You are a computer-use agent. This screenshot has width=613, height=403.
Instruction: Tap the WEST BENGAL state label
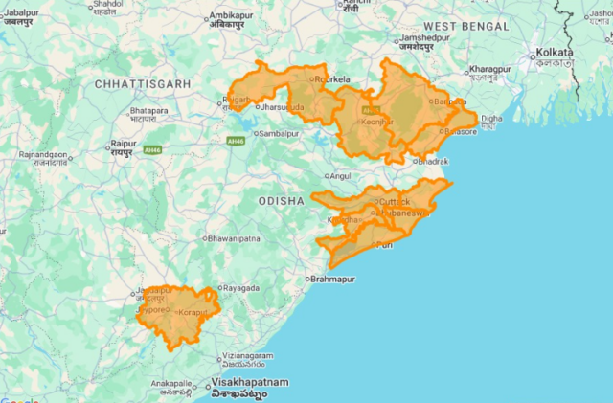[x=465, y=25]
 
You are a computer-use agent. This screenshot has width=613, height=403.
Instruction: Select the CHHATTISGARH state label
[x=139, y=85]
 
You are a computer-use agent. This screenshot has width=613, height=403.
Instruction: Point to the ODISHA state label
[x=281, y=201]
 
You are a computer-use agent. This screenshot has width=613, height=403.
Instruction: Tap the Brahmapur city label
[x=335, y=279]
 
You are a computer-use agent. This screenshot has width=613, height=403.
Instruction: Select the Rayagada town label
[x=242, y=287]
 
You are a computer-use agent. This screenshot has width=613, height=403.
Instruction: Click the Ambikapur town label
[x=236, y=18]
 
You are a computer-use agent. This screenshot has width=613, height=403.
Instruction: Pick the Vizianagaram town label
[x=249, y=355]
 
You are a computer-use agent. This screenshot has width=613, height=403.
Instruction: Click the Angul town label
[x=341, y=176]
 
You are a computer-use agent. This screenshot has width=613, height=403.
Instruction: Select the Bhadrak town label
[x=432, y=162]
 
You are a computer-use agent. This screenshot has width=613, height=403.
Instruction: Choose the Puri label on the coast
[x=383, y=245]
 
